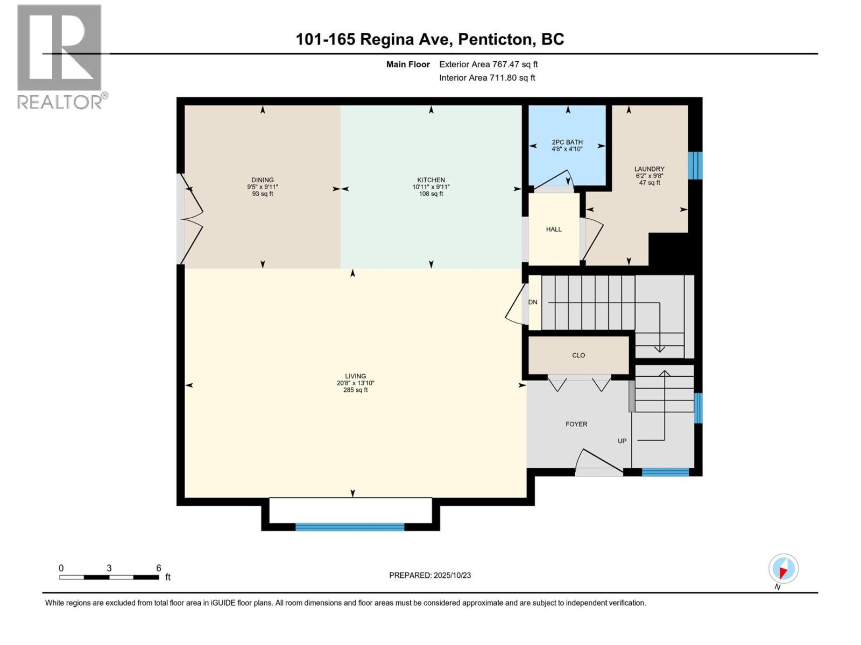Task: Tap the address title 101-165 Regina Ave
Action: coord(429,39)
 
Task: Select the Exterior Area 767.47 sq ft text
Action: coord(488,64)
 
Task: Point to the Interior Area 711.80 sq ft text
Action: coord(487,77)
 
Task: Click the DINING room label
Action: coord(263,180)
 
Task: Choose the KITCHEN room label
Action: coord(431,180)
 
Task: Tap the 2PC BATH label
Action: coord(567,142)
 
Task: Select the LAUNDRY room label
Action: coord(649,169)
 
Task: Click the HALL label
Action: coord(554,229)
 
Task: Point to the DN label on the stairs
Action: coord(533,302)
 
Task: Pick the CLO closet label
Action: coord(578,355)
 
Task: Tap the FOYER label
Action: coord(576,424)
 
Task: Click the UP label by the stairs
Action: coord(622,441)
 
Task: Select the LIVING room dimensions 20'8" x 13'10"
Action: coord(355,383)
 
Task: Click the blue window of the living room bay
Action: coord(350,527)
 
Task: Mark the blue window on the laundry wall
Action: coord(695,165)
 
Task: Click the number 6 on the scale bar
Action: coord(159,568)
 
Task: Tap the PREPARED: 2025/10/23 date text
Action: coord(430,575)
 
